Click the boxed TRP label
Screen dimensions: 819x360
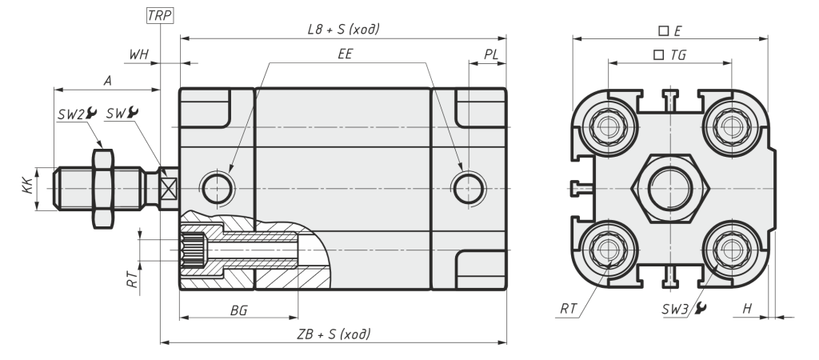[x=159, y=16]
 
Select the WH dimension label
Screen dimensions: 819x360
[x=139, y=54]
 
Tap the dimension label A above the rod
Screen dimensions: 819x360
[x=108, y=81]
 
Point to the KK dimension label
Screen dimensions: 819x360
[x=28, y=186]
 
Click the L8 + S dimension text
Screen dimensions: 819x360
[x=343, y=30]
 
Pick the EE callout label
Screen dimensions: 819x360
[x=346, y=54]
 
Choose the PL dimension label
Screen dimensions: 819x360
[x=491, y=54]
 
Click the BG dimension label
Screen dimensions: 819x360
[x=238, y=311]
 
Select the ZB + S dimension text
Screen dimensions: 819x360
[x=334, y=334]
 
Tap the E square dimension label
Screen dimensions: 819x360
[x=670, y=31]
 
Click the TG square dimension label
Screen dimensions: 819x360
[x=670, y=55]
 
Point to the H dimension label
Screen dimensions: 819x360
[x=748, y=309]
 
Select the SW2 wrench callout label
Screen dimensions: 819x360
[x=78, y=114]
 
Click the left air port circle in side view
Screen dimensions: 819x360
[x=218, y=188]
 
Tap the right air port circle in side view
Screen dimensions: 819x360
[x=468, y=188]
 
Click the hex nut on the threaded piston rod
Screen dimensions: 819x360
[x=103, y=189]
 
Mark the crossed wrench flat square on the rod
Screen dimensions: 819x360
[x=169, y=188]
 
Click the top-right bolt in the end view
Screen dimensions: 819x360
[x=731, y=126]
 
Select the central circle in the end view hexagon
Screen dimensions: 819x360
[x=670, y=188]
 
